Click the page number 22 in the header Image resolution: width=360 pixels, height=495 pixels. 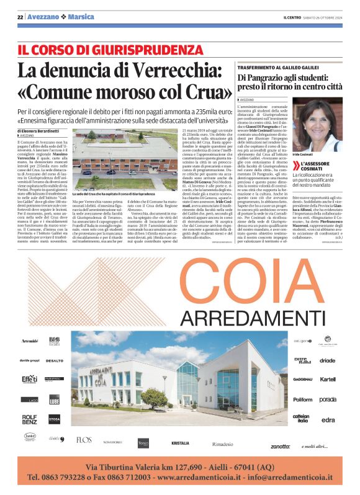click(20, 16)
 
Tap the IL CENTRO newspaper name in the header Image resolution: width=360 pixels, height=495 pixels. click(292, 16)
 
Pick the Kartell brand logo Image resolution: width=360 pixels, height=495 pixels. click(327, 379)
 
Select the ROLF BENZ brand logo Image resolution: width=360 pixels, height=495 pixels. click(29, 419)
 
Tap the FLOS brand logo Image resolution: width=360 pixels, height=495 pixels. click(83, 440)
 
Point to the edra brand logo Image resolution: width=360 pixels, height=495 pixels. click(327, 420)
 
